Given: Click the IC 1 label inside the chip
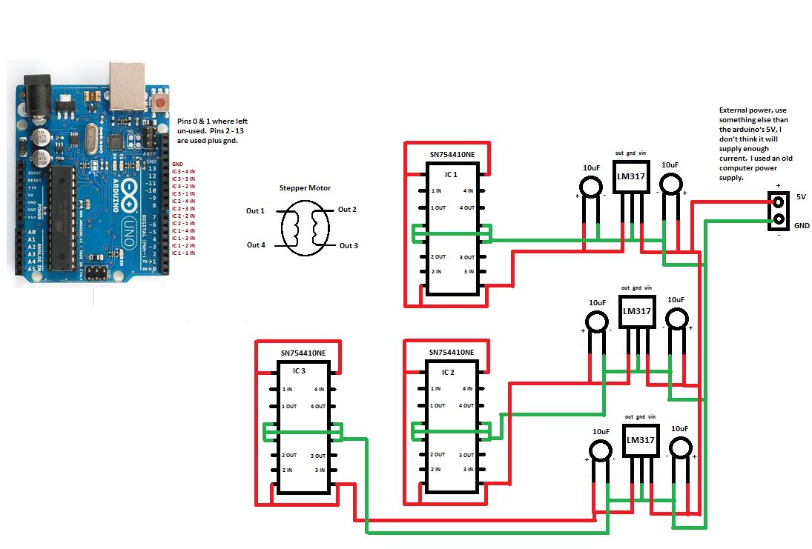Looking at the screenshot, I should [x=450, y=175].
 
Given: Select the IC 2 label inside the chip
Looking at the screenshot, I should [x=448, y=372].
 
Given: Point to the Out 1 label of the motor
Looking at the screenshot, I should [x=255, y=211].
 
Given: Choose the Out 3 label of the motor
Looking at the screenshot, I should [x=349, y=245].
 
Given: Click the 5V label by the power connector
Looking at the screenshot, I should [x=801, y=198].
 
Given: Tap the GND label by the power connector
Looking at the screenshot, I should [x=802, y=225].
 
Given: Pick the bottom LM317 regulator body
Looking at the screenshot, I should [x=641, y=440].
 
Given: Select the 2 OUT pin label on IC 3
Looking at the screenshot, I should [x=288, y=455].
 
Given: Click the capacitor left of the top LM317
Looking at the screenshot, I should [x=590, y=185].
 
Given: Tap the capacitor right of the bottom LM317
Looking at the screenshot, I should [x=680, y=449].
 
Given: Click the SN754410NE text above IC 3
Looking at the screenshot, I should [x=303, y=353].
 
